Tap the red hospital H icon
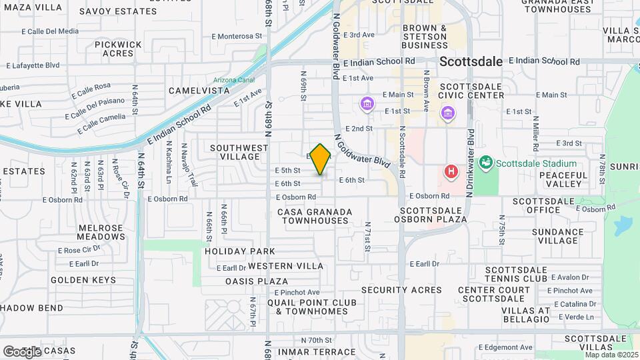click(x=451, y=172)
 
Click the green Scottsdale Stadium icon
click(x=486, y=163)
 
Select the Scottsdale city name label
click(x=471, y=61)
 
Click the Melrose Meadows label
click(x=101, y=232)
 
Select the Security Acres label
click(x=401, y=290)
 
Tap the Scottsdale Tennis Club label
click(x=517, y=273)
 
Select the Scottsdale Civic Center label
click(x=471, y=91)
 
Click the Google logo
click(x=22, y=351)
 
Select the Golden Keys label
click(x=83, y=280)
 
